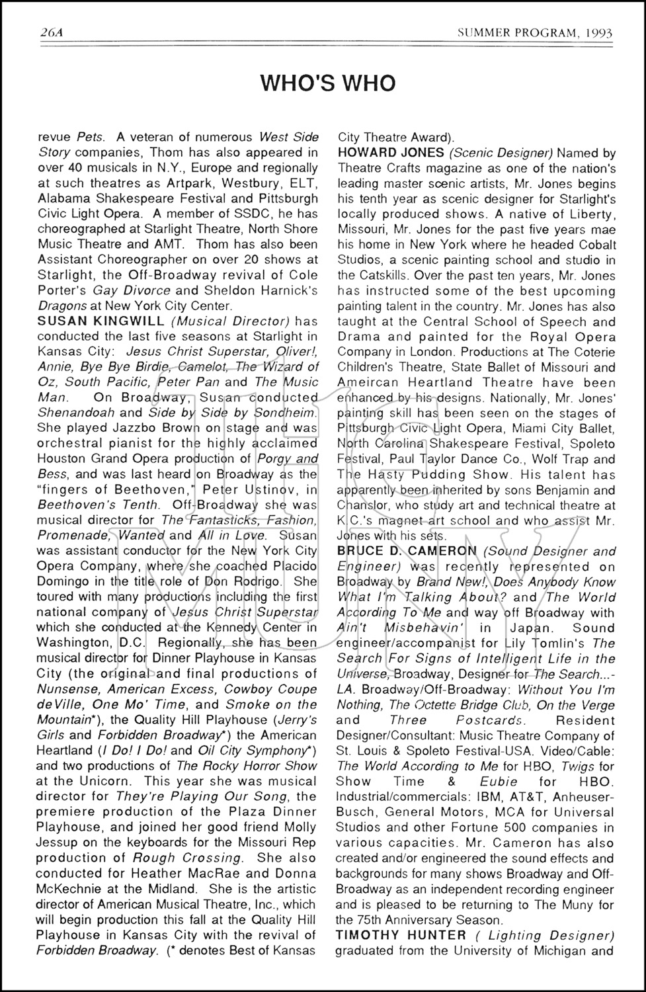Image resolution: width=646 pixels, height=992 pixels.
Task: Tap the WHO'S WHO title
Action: click(x=328, y=83)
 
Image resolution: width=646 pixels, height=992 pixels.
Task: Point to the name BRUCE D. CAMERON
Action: click(x=407, y=551)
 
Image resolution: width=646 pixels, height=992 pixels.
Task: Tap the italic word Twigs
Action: click(x=578, y=766)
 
